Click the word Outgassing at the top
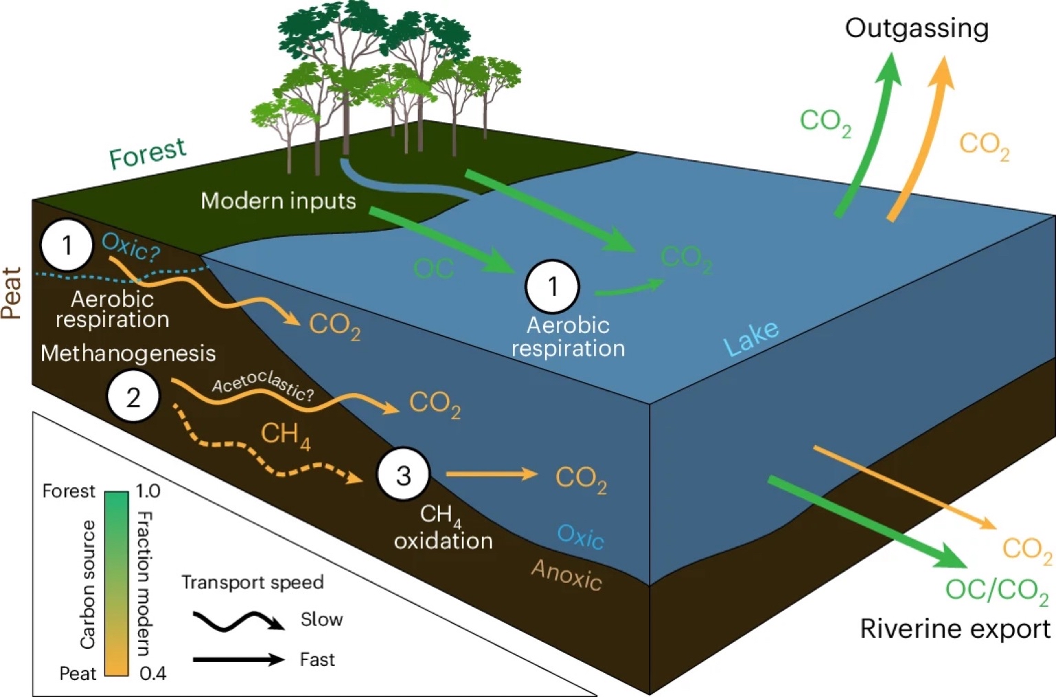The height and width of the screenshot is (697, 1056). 916,28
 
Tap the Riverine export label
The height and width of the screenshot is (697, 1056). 954,629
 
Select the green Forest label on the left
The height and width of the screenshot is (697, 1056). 147,153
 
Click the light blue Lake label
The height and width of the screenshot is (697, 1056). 751,338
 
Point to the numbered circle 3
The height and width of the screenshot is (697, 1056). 404,475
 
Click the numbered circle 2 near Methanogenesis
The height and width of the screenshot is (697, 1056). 133,397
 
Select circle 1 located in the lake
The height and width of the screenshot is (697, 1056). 552,286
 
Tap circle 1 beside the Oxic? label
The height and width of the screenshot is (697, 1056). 67,245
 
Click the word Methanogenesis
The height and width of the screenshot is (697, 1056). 128,353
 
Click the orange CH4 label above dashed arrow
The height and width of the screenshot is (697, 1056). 285,435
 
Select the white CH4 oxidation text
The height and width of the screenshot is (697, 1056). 443,528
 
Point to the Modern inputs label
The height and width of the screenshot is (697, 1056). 278,201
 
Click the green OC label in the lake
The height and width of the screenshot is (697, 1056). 434,268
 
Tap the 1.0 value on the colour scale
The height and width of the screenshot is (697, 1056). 148,491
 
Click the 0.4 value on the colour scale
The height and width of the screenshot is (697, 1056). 152,673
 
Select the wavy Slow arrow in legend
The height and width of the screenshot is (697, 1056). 238,621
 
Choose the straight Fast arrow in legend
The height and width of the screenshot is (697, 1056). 238,659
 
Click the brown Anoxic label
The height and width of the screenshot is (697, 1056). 566,575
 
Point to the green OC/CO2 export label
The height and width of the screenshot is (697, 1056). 996,590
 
